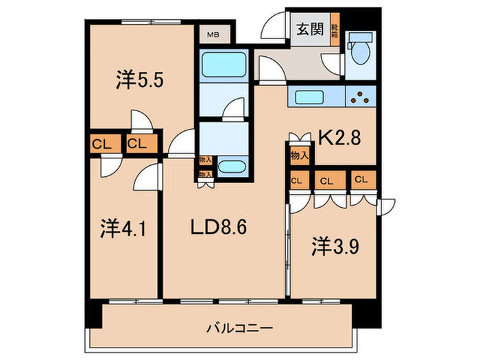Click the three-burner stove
pyautogui.click(x=361, y=97)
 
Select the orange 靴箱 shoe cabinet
pyautogui.click(x=335, y=31)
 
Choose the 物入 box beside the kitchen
pyautogui.click(x=299, y=156)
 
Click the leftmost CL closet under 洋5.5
pyautogui.click(x=102, y=145)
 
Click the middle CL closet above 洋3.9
pyautogui.click(x=326, y=181)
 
